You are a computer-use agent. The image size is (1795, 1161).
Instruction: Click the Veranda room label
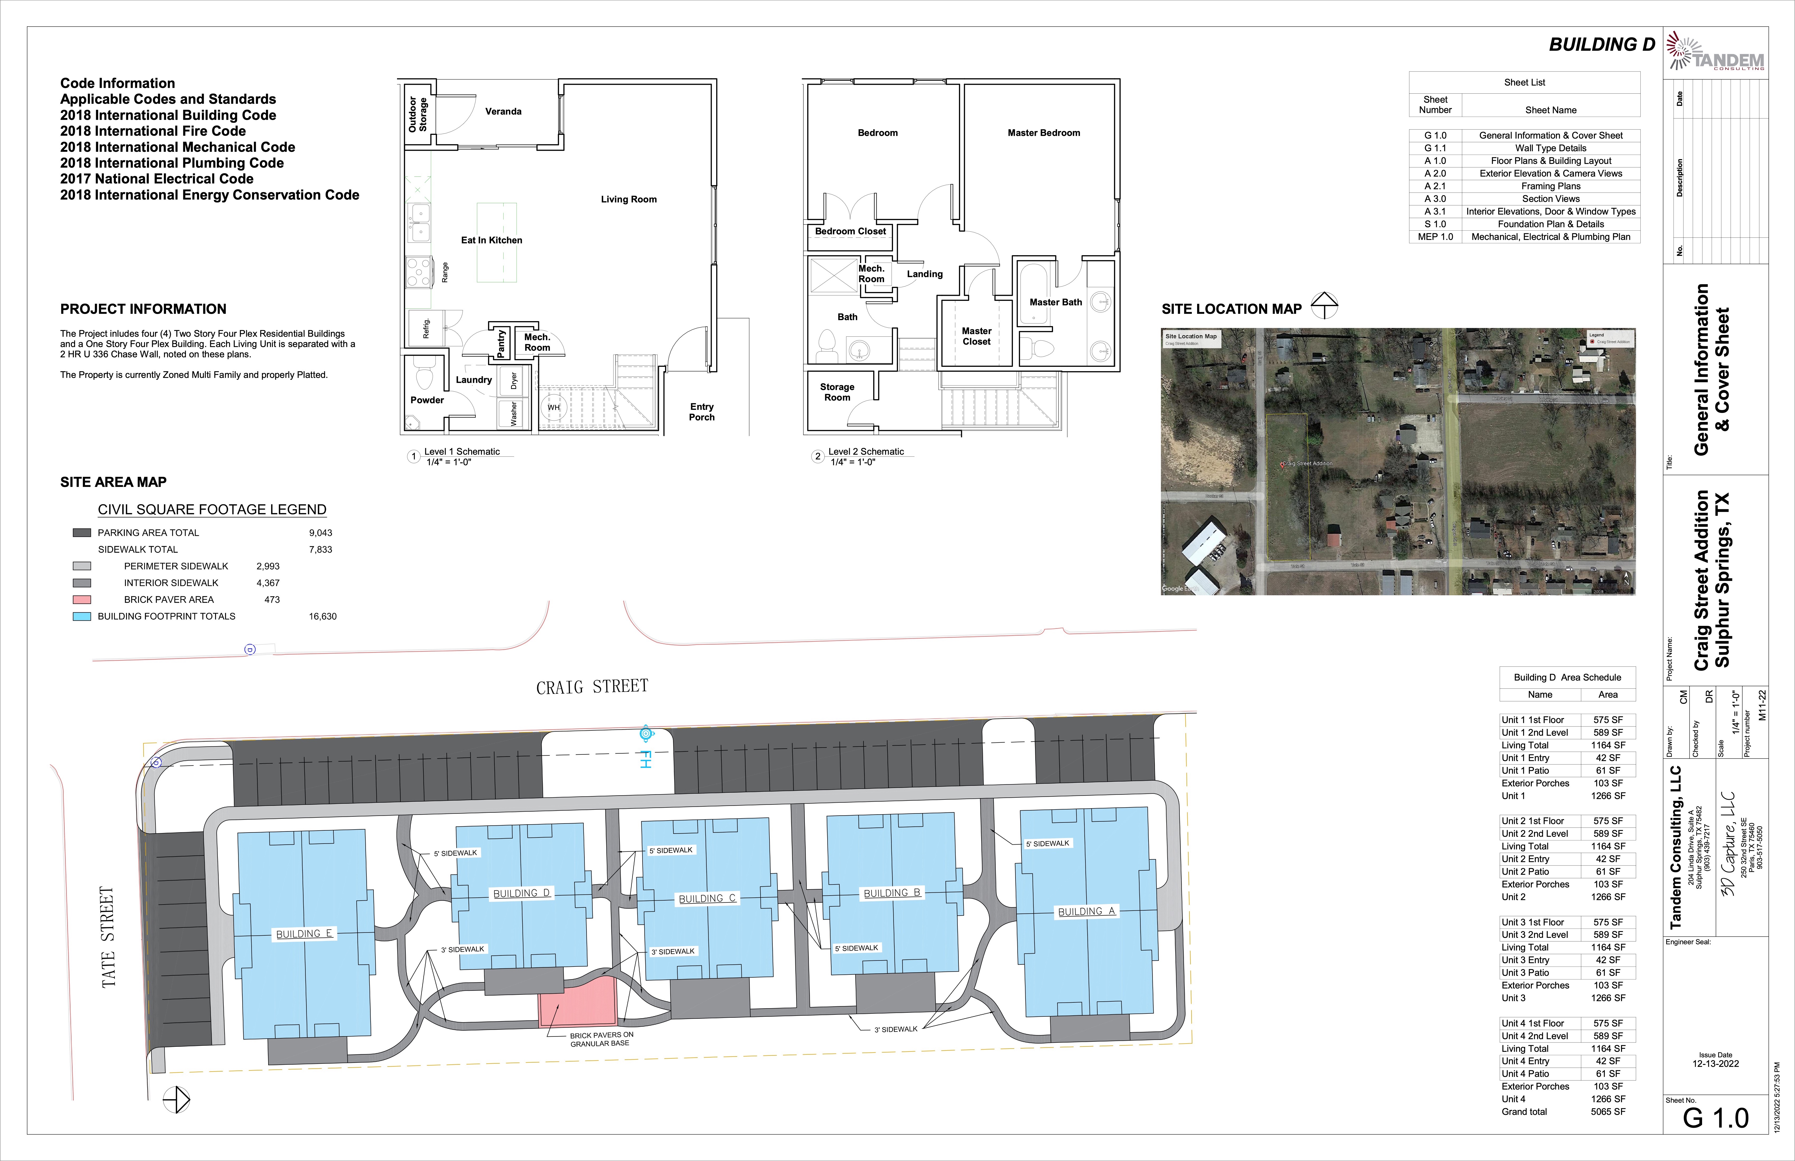pos(503,112)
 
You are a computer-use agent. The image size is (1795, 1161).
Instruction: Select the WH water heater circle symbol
pos(554,408)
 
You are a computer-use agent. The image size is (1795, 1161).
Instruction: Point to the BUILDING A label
pos(1086,911)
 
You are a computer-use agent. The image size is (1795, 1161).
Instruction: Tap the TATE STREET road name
pos(108,937)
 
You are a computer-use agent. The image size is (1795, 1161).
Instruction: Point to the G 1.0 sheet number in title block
pos(1715,1118)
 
